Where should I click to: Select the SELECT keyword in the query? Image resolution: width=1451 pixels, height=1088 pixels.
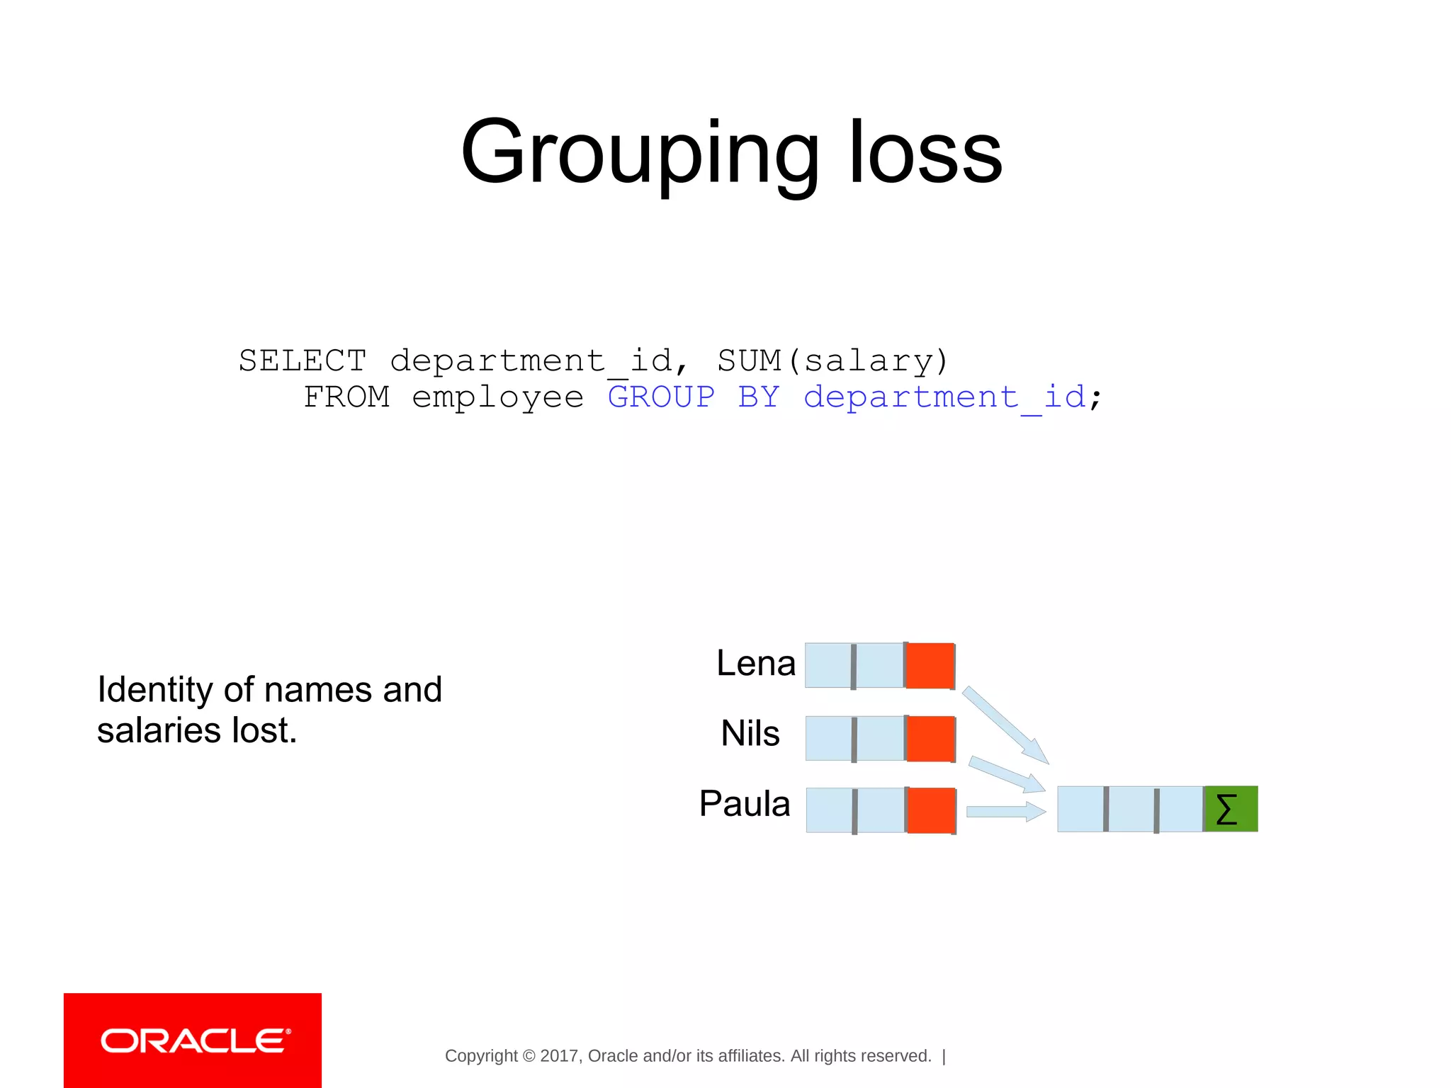pos(303,361)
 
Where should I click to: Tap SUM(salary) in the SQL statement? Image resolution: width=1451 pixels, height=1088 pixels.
pos(832,361)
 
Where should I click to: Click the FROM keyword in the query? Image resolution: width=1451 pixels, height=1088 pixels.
pos(346,397)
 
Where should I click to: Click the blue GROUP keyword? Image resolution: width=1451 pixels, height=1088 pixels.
pos(661,397)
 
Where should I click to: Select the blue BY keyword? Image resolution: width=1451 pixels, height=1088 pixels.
pos(758,397)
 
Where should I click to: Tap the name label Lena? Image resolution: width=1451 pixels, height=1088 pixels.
pos(755,664)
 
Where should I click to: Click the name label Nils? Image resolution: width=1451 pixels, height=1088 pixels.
pos(750,733)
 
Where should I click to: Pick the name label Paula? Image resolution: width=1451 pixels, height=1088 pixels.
pos(744,804)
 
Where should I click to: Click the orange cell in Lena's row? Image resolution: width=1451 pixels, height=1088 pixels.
pos(930,666)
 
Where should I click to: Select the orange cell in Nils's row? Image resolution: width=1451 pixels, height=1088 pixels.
pos(930,739)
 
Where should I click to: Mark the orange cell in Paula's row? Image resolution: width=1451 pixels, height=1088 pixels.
pos(931,810)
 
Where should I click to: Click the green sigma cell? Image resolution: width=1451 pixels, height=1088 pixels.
pos(1231,809)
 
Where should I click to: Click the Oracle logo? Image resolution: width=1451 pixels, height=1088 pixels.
pos(193,1041)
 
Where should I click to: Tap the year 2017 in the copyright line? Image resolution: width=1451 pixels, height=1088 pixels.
pos(558,1056)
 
